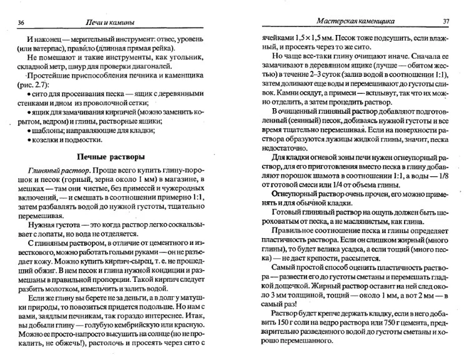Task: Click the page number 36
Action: coord(21,23)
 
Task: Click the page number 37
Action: coord(446,21)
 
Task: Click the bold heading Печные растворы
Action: coord(111,156)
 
